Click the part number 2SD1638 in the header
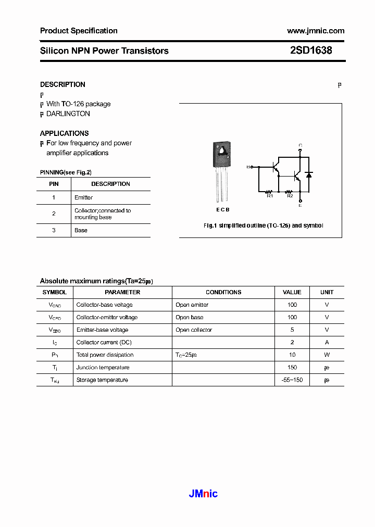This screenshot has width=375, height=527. click(x=311, y=51)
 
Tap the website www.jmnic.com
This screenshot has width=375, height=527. click(x=316, y=31)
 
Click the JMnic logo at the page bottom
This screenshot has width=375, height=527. click(x=203, y=494)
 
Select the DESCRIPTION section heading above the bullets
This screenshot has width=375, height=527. click(x=63, y=84)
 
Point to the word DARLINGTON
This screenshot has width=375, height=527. click(x=68, y=114)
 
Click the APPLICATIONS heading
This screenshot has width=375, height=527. click(x=65, y=133)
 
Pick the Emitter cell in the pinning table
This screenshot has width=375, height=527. click(x=84, y=197)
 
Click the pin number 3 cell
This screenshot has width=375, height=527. click(x=54, y=230)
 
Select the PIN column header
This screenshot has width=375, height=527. click(x=54, y=184)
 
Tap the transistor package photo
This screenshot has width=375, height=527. click(x=222, y=171)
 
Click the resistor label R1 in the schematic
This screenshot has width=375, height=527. click(x=270, y=196)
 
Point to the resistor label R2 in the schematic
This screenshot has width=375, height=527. click(x=290, y=196)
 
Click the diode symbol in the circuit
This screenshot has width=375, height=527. click(x=309, y=175)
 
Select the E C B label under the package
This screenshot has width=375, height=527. click(x=222, y=209)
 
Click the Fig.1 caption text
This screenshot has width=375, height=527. click(x=263, y=225)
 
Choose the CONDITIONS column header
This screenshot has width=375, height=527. click(x=223, y=292)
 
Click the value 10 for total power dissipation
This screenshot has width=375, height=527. click(x=292, y=355)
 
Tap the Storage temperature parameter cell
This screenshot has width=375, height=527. click(x=102, y=380)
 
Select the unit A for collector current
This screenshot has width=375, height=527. click(x=327, y=342)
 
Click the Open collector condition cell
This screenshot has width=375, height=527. click(x=194, y=330)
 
